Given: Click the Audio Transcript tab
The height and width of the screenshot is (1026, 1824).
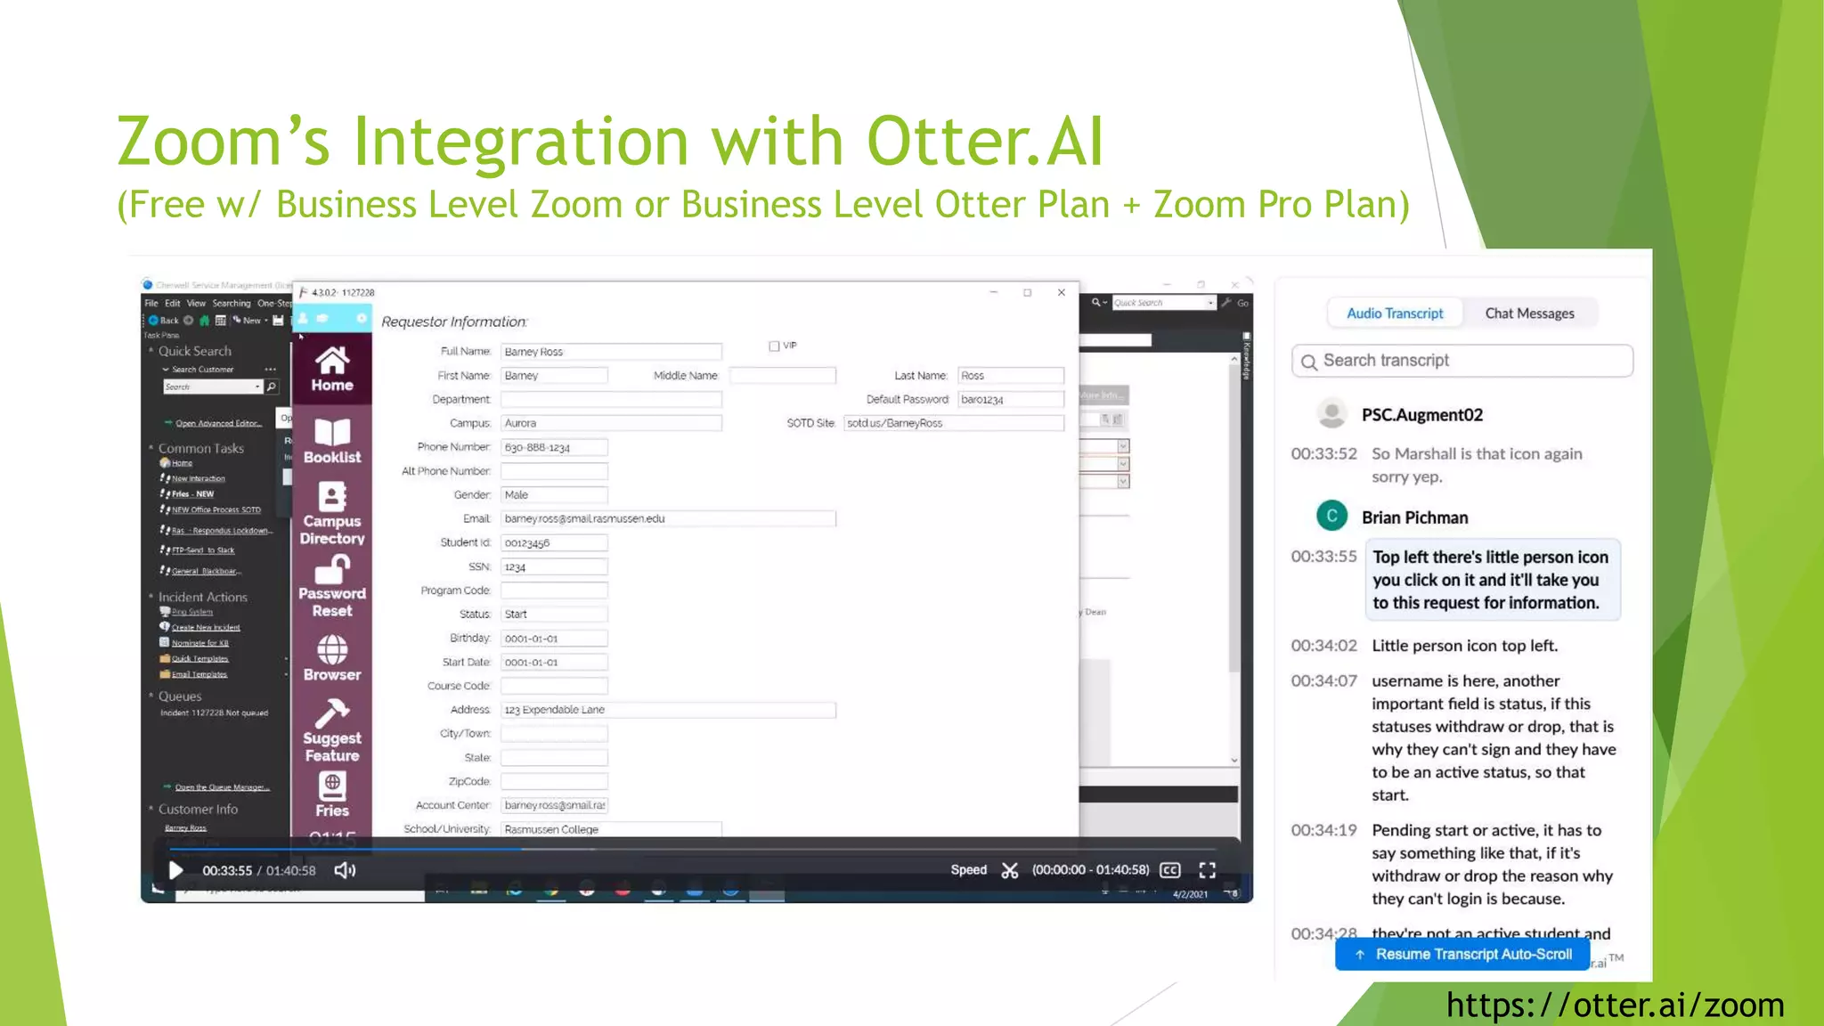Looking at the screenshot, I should coord(1395,313).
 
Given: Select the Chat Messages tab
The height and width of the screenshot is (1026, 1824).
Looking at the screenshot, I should coord(1529,313).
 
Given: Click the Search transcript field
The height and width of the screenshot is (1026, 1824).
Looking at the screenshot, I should coord(1470,361).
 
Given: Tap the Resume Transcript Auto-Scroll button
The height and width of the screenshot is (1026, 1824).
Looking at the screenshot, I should coord(1463,955).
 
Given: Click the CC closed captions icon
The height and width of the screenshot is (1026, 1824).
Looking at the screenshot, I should coord(1170,870).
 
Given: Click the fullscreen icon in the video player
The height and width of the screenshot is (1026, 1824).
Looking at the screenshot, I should coord(1207,870).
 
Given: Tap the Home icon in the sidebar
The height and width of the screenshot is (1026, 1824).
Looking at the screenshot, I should coord(332,369).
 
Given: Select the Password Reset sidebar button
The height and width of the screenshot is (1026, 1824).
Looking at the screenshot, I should coord(332,586).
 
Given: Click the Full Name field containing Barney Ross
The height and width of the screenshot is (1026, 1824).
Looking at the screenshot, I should coord(610,352).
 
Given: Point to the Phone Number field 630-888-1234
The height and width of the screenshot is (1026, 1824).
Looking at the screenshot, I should coord(553,447).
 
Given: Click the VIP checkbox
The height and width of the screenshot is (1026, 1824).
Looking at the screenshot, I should coord(774,346).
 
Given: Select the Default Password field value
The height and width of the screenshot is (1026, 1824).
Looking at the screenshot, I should coord(1010,400).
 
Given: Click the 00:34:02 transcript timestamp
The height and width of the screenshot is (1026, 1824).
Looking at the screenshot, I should coord(1323,646).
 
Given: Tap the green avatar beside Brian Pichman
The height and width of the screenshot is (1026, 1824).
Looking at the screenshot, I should coord(1331,516).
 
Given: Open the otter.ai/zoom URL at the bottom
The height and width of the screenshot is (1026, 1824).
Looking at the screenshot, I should coord(1615,1005).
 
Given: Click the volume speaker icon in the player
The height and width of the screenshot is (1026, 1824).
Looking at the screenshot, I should coord(345,870).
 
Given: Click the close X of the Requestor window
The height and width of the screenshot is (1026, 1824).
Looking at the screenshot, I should coord(1061,292).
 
